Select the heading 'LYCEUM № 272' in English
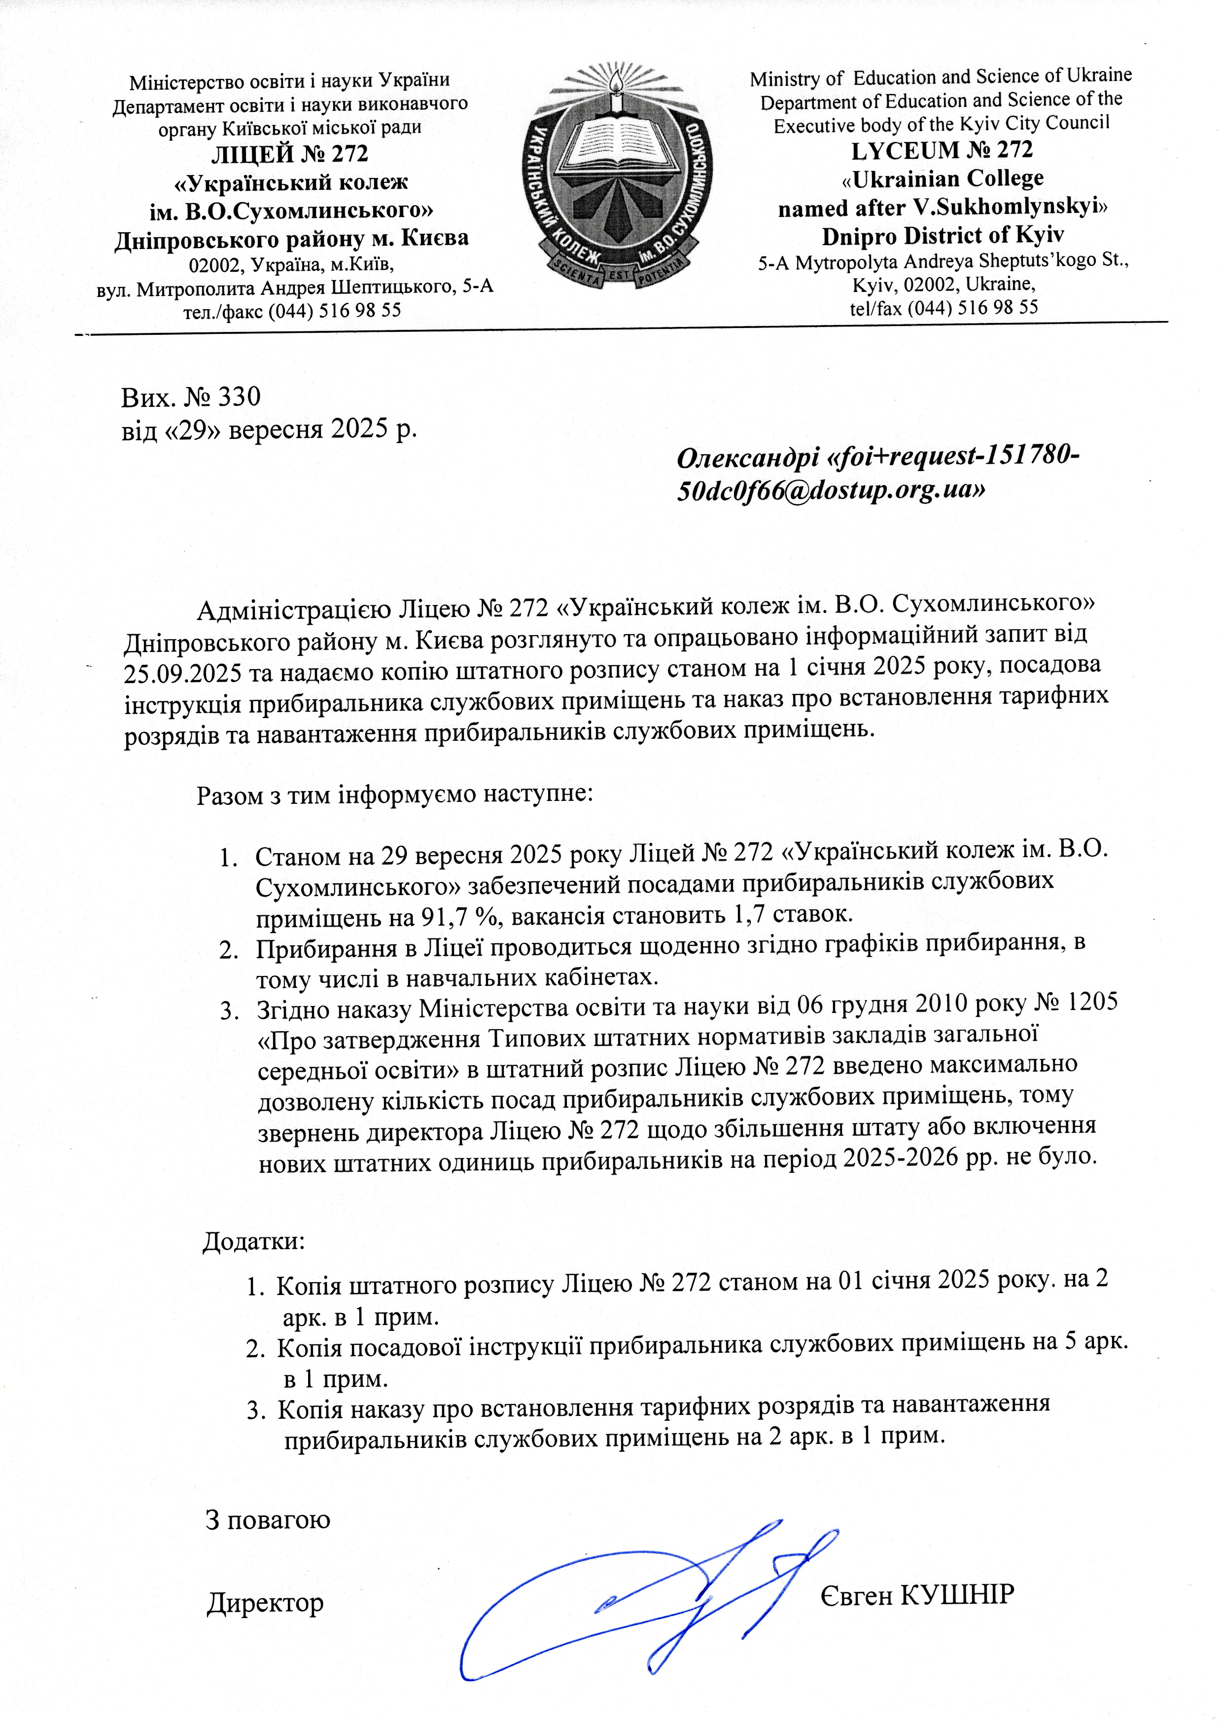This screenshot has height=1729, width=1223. click(942, 150)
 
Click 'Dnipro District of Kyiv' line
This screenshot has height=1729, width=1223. click(942, 235)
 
